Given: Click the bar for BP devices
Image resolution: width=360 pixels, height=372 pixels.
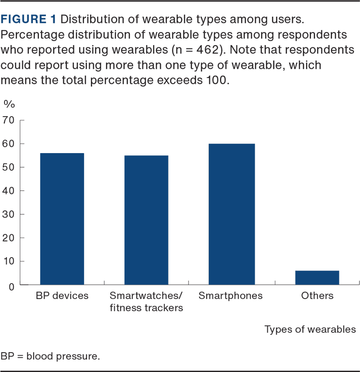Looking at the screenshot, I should tap(62, 218).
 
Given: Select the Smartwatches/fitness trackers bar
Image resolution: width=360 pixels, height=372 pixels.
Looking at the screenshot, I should tap(146, 220).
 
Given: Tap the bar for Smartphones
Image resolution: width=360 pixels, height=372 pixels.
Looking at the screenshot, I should tap(231, 214).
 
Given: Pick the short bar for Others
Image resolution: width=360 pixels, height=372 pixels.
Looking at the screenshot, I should tap(317, 277).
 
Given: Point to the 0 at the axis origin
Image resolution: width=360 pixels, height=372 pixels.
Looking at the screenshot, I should tap(11, 285).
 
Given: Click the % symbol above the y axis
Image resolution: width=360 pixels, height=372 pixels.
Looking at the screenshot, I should tap(9, 104).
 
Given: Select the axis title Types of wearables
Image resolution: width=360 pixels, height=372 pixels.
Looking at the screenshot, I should tap(310, 330).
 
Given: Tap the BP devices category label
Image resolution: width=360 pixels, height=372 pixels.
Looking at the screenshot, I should tap(62, 296).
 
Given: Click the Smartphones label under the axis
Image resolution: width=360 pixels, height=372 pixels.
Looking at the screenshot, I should tap(230, 296).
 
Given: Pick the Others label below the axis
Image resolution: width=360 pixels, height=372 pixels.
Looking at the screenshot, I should tap(317, 296).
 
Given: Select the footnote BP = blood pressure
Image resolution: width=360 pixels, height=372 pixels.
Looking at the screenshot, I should tap(50, 356).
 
